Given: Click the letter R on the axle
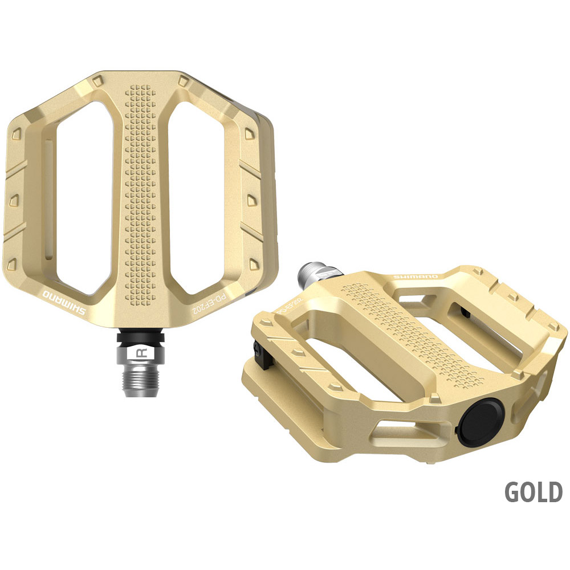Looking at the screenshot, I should [141, 354].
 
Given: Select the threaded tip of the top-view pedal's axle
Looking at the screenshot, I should [141, 382].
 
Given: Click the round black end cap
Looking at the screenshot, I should [480, 422].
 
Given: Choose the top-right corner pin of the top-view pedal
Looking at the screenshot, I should [183, 80].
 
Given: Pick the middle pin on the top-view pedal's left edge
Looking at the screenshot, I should [14, 199].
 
